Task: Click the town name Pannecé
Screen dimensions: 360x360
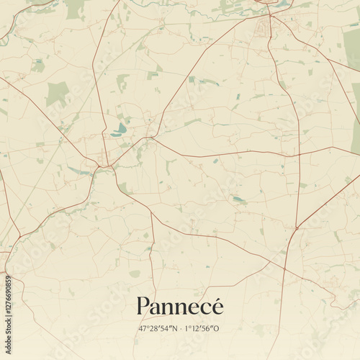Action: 179,306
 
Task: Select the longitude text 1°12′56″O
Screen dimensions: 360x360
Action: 202,329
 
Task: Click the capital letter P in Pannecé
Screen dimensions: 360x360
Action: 143,306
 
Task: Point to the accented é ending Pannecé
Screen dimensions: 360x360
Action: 217,306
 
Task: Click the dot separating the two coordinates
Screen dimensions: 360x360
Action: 180,329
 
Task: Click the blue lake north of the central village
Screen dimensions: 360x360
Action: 119,129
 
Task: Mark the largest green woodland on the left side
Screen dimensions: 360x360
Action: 57,93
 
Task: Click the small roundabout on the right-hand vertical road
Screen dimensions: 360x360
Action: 297,228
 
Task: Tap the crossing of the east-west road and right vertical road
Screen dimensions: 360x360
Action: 299,153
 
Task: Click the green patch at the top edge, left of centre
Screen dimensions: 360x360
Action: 74,9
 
